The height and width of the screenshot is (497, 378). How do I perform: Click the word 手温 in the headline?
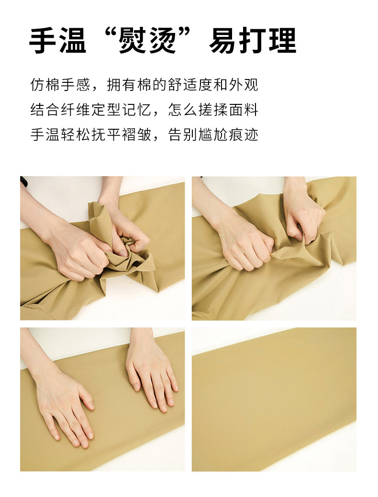coord(58,40)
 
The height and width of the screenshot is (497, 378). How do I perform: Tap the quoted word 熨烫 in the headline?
coord(148,40)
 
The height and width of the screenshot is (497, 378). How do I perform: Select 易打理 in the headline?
coord(253,40)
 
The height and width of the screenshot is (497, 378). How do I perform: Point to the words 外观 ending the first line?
coord(244,85)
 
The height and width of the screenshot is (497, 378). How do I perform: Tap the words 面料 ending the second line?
coord(244,110)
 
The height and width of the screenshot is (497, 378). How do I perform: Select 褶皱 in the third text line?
coord(136,135)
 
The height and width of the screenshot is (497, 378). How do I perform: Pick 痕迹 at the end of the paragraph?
coord(244,135)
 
